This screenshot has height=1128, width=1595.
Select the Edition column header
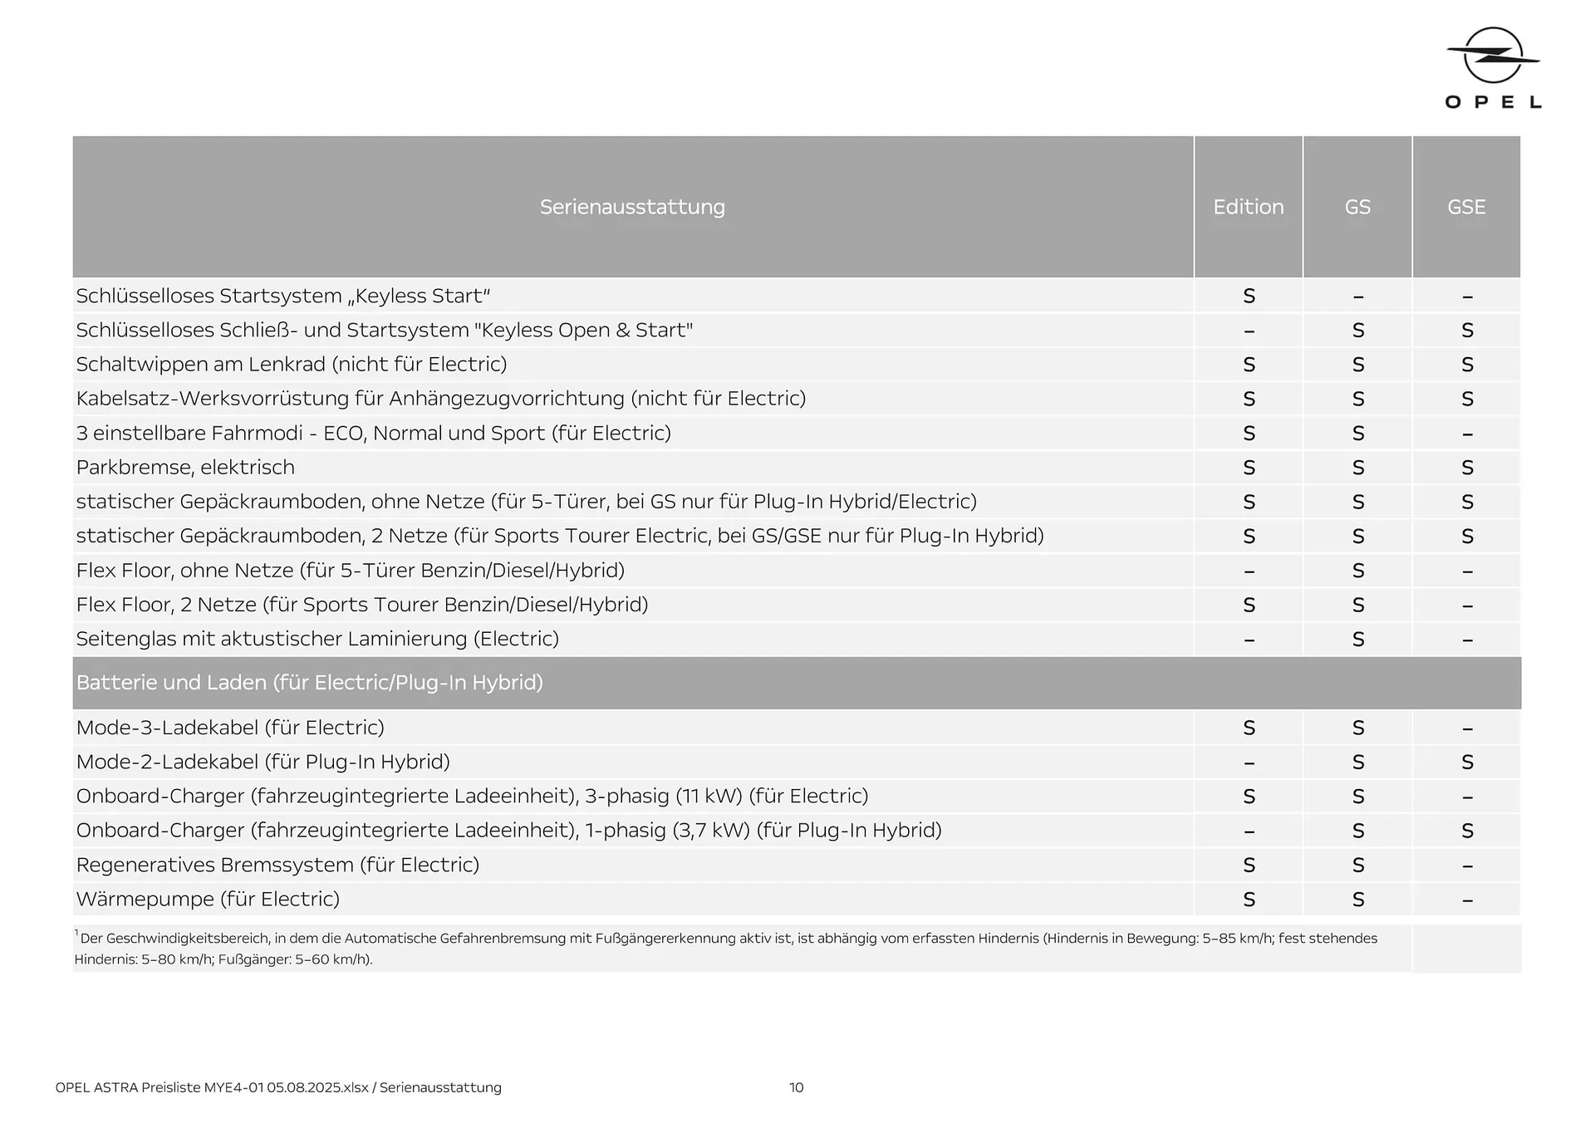(x=1248, y=207)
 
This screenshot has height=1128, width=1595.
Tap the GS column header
(x=1357, y=207)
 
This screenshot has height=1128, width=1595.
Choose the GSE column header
(x=1466, y=207)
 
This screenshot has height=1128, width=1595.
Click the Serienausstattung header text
(x=632, y=207)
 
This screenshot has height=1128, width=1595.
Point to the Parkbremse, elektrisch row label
(x=185, y=468)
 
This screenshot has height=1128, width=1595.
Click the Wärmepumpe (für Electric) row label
(x=208, y=900)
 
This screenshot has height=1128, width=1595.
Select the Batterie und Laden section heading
(x=309, y=683)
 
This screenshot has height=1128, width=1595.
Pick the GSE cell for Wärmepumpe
(x=1467, y=900)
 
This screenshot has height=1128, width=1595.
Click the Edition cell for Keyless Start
(x=1249, y=297)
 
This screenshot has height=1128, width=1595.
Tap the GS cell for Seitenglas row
(x=1358, y=640)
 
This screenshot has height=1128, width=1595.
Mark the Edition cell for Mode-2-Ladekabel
(x=1249, y=763)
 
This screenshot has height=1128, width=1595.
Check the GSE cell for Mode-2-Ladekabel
(x=1467, y=763)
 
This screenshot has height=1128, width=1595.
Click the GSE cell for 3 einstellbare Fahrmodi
(x=1467, y=434)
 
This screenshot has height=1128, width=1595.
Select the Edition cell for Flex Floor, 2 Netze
(x=1249, y=606)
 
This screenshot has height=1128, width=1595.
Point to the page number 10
(x=796, y=1088)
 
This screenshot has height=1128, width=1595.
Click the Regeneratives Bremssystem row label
(x=277, y=866)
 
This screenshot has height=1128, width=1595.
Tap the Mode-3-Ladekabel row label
(x=230, y=728)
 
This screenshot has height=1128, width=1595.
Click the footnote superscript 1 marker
(x=76, y=933)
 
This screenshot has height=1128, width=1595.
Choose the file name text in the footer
(x=278, y=1088)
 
